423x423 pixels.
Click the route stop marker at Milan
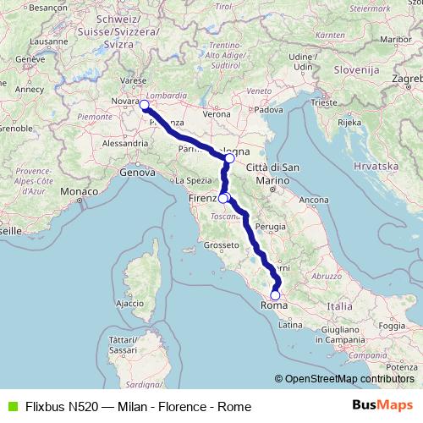[144, 105]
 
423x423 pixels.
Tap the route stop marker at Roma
[274, 295]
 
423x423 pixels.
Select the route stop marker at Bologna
[229, 158]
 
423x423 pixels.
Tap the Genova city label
[138, 172]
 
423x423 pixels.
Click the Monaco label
[78, 192]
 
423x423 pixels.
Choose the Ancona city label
[313, 200]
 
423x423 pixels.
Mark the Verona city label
[217, 113]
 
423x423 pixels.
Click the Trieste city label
[323, 102]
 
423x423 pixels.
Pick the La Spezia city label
[192, 180]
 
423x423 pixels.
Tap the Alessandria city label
[124, 144]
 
